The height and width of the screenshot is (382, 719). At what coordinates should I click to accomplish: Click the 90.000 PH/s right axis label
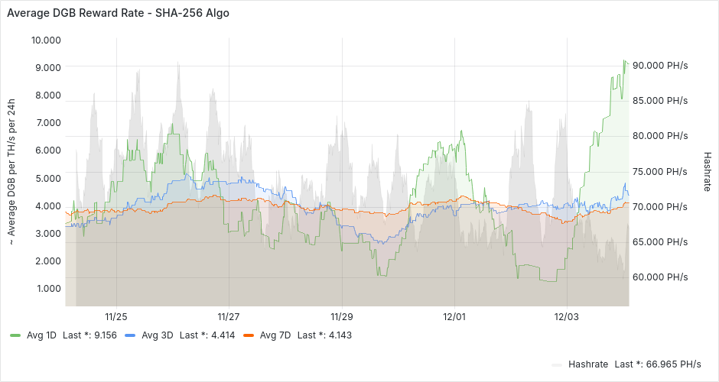point(662,66)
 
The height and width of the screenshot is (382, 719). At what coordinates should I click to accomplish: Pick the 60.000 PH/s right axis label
point(662,277)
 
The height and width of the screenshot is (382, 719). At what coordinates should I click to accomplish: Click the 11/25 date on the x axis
point(116,316)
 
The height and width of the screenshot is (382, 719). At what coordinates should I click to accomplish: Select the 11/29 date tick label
point(341,316)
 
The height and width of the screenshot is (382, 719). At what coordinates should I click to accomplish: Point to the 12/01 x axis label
point(454,316)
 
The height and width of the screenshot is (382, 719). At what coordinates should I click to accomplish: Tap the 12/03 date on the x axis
point(566,316)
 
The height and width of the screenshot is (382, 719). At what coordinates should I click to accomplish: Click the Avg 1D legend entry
point(42,335)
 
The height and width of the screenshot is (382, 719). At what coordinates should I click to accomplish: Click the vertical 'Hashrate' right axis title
point(707,170)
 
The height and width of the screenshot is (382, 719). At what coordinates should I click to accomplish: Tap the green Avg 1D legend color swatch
point(15,335)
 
